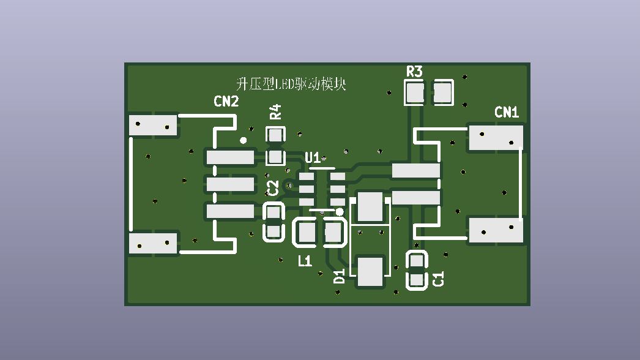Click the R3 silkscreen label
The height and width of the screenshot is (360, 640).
[414, 72]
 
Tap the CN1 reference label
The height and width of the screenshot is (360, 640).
[507, 112]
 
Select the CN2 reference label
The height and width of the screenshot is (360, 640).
[226, 102]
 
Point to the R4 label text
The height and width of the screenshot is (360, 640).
[276, 111]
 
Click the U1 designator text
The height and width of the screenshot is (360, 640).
[313, 157]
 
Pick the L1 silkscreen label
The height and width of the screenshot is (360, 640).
[305, 261]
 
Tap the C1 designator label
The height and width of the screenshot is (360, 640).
[438, 279]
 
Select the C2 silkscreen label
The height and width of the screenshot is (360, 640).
[273, 188]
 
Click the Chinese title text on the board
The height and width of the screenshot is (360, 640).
[291, 84]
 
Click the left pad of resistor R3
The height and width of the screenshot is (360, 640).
[415, 93]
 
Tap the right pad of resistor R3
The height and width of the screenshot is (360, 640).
[442, 93]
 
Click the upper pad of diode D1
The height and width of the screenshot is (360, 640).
[370, 206]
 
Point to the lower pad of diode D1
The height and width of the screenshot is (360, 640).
[370, 272]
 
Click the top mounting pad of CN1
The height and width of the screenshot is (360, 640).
[496, 138]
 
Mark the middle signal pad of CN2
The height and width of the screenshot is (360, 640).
[230, 184]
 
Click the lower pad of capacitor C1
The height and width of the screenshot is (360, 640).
[417, 280]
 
